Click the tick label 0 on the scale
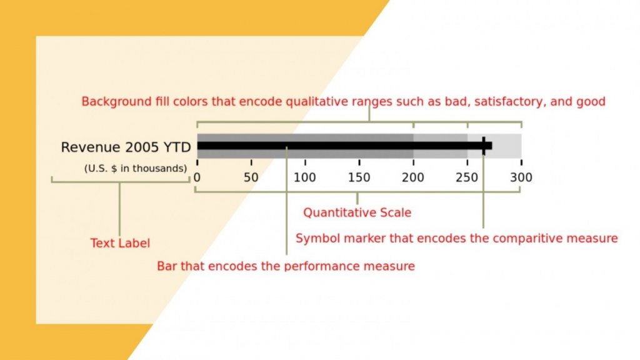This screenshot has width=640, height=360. [x=197, y=177]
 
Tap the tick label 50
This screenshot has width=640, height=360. [x=251, y=177]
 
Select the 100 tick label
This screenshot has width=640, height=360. [x=305, y=177]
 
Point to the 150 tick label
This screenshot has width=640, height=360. [x=359, y=177]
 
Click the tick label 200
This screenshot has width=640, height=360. [x=413, y=177]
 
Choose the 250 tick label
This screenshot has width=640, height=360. [x=467, y=177]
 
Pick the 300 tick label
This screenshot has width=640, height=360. [x=521, y=177]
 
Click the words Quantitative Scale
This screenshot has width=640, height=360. [x=357, y=212]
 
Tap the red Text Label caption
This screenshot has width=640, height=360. [x=120, y=243]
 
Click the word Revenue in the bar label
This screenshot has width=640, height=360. [x=91, y=147]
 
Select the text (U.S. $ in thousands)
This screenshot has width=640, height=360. [x=135, y=168]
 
